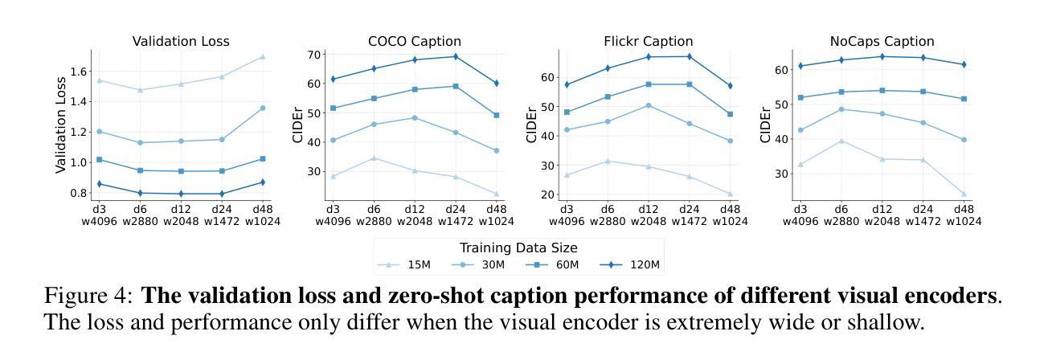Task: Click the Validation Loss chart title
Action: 181,41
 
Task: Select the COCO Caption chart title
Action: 414,41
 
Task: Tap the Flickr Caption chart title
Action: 648,41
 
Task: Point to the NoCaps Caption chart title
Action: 882,41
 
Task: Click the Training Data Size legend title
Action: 518,247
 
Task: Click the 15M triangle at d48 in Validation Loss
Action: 262,56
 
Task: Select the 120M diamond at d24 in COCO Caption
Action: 456,56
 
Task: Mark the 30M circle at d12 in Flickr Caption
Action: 648,105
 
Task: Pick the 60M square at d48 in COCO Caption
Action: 496,115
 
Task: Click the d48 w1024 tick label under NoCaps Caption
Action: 963,215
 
